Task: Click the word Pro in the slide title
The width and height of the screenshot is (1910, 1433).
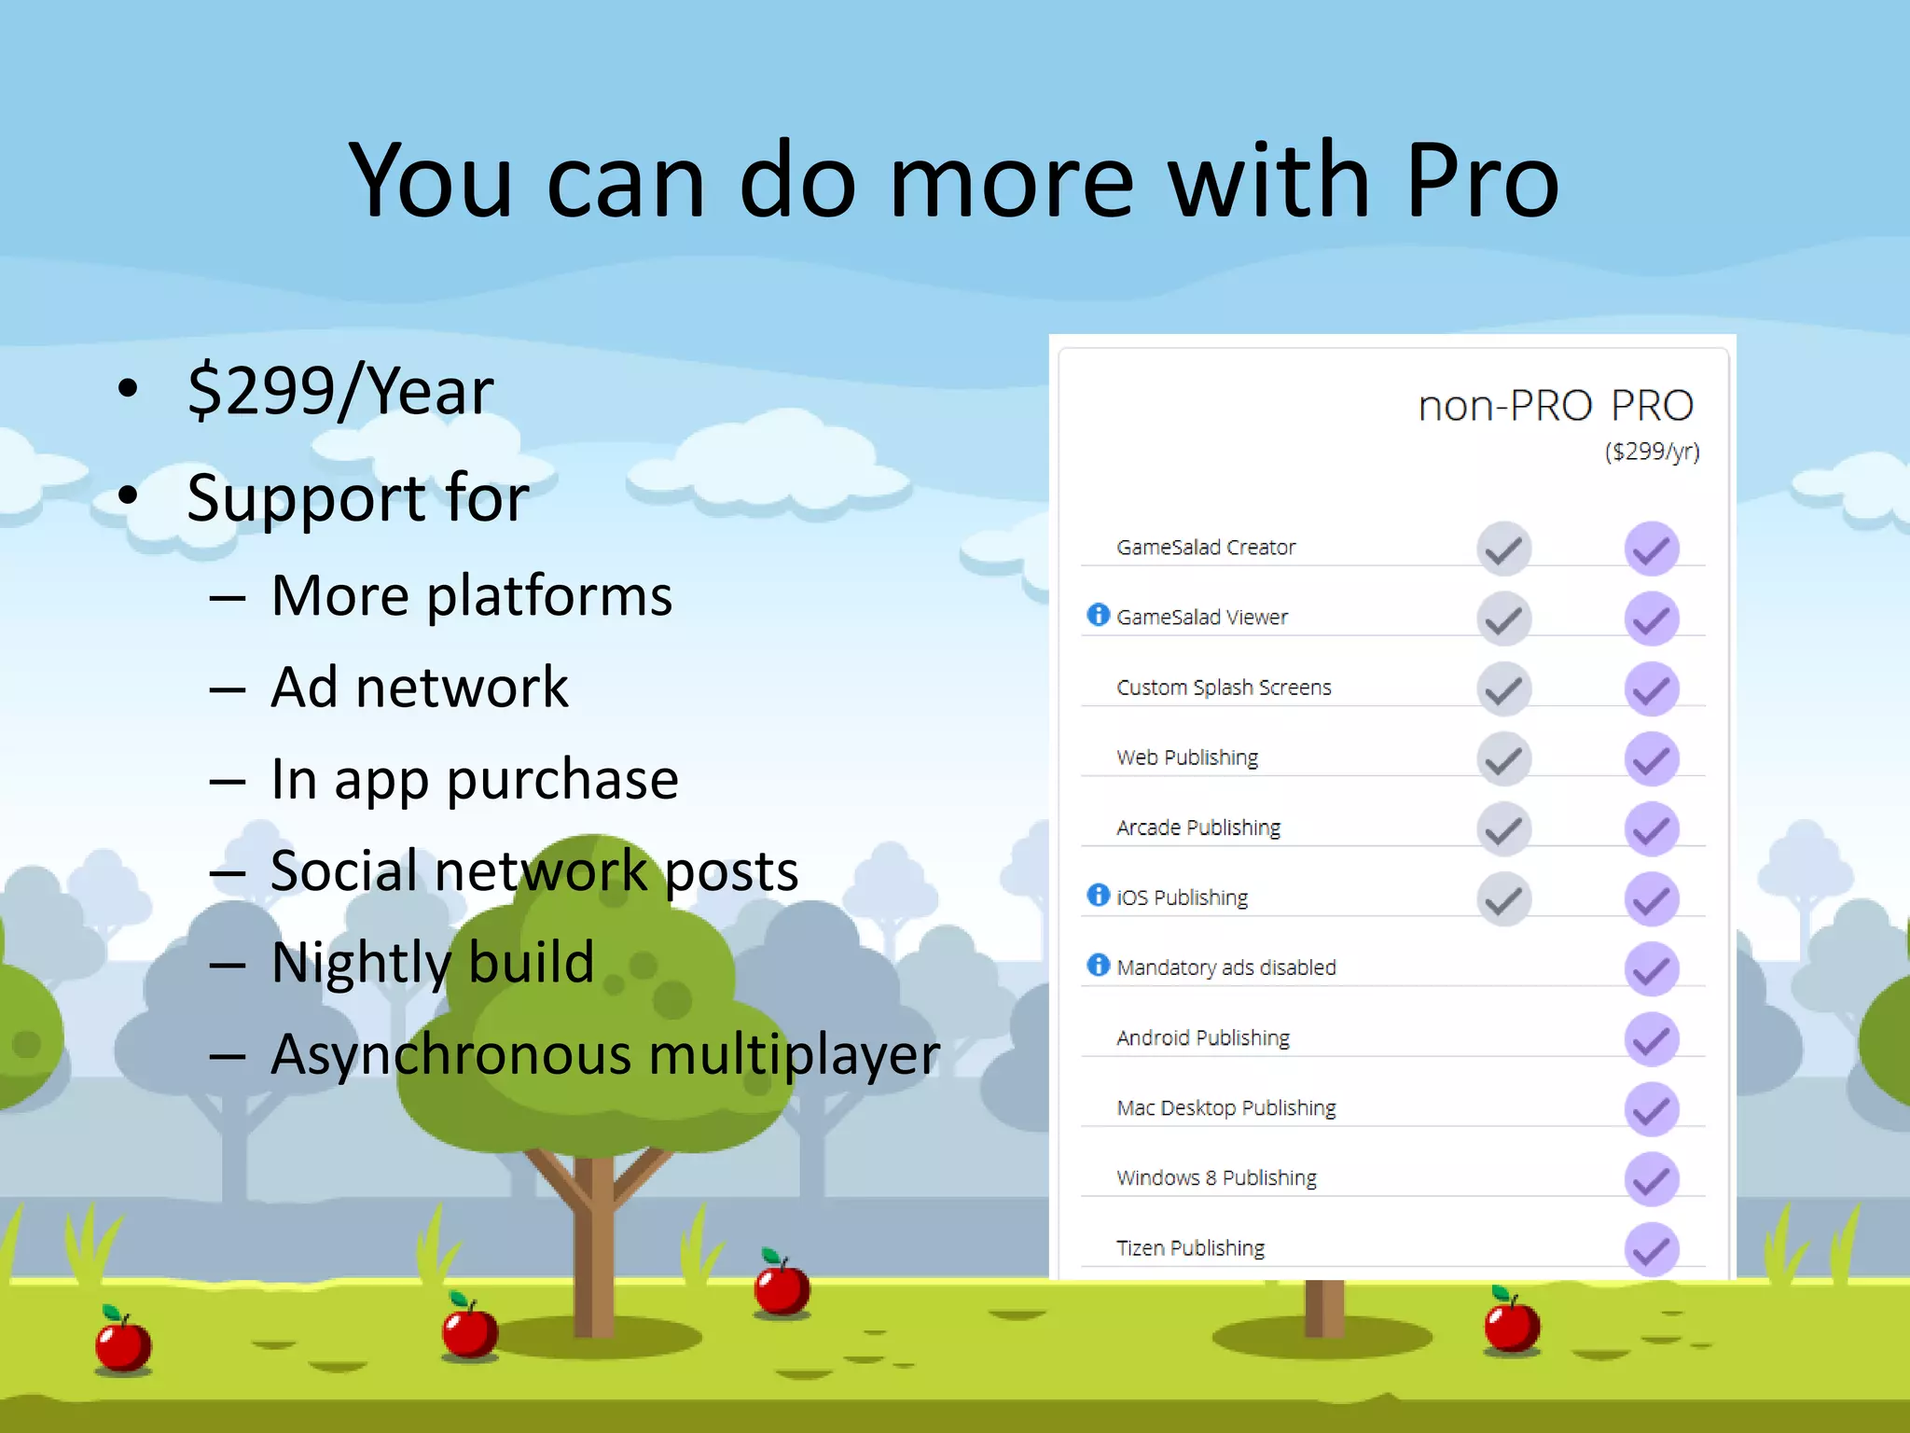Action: (1481, 180)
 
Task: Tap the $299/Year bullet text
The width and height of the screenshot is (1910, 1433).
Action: (340, 391)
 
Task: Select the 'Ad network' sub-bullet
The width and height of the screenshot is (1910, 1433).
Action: (420, 688)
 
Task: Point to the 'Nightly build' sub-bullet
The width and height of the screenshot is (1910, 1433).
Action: (433, 962)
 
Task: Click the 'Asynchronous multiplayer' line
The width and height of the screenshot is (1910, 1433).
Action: (605, 1054)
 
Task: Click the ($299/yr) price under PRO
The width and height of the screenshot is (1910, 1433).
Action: (1652, 452)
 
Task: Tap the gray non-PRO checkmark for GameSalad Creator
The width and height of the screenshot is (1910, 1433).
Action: (1503, 549)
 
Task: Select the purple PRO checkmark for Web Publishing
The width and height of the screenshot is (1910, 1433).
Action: (1652, 758)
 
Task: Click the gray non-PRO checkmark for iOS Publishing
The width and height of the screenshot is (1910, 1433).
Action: (1503, 898)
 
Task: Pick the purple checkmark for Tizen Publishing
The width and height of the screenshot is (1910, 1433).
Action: (1652, 1249)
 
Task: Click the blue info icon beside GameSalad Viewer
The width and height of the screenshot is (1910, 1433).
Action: (1099, 615)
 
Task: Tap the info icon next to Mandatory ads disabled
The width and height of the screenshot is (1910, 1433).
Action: (1099, 965)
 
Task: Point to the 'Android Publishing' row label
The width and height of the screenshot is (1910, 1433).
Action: (1203, 1037)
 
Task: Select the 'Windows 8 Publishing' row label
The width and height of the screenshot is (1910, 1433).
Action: (1216, 1177)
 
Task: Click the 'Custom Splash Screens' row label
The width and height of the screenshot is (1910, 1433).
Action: (1224, 688)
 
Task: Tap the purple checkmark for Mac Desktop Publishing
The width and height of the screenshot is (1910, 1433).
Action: (1652, 1109)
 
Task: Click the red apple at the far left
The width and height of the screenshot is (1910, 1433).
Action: (123, 1343)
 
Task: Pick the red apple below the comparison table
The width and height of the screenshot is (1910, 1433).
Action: (1512, 1323)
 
